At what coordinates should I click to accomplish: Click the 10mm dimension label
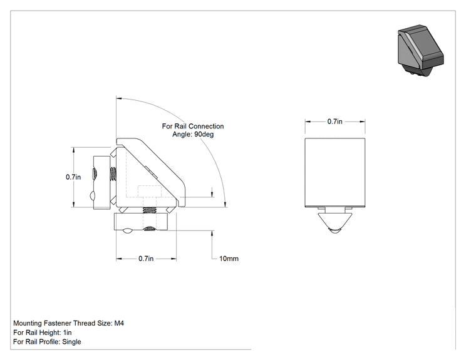229,259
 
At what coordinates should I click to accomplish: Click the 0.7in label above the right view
335,121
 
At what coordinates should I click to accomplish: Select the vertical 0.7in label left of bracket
73,177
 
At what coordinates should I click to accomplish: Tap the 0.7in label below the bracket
146,259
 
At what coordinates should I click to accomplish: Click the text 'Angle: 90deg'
193,134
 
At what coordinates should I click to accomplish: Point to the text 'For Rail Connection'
193,126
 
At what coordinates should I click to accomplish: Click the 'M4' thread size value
119,323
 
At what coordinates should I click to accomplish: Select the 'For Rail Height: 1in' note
42,332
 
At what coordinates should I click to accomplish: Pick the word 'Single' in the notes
71,342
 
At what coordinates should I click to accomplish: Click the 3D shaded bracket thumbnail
420,51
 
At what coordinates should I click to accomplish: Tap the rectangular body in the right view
335,173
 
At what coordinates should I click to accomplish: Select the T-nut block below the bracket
141,222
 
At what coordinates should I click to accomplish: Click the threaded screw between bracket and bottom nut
150,210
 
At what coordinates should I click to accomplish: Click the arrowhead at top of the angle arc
119,98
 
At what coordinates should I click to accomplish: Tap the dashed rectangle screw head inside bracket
149,192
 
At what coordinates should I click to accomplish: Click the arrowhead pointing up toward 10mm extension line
212,234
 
